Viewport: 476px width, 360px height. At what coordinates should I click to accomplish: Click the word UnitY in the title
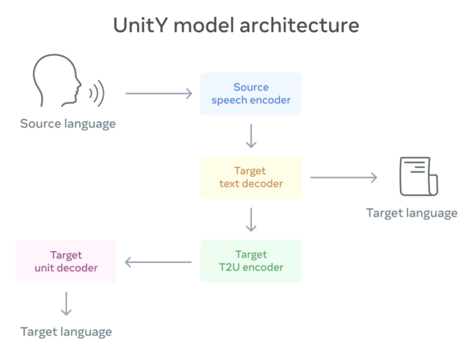coord(140,25)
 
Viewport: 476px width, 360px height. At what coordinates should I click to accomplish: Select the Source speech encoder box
coord(251,94)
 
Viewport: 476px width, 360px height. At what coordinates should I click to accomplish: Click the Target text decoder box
coord(251,177)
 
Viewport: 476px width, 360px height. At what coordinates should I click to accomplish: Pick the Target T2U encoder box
coord(251,261)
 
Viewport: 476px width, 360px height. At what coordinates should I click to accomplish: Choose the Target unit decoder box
coord(66,261)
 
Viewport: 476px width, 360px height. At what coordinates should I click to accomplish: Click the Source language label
coord(68,123)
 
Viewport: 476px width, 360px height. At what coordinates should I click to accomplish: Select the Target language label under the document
coord(412,213)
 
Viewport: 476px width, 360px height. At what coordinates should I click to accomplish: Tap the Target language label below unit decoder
coord(66,332)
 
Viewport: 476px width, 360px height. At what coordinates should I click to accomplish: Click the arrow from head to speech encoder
coord(159,94)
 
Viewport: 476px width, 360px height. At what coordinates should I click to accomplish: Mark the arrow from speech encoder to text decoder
coord(251,136)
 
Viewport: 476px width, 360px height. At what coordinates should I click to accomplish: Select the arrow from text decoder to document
coord(343,177)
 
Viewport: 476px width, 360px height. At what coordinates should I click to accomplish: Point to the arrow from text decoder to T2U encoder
coord(251,219)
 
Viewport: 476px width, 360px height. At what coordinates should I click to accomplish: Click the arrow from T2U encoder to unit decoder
coord(158,262)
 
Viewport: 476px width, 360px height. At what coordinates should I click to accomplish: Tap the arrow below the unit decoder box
coord(66,303)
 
